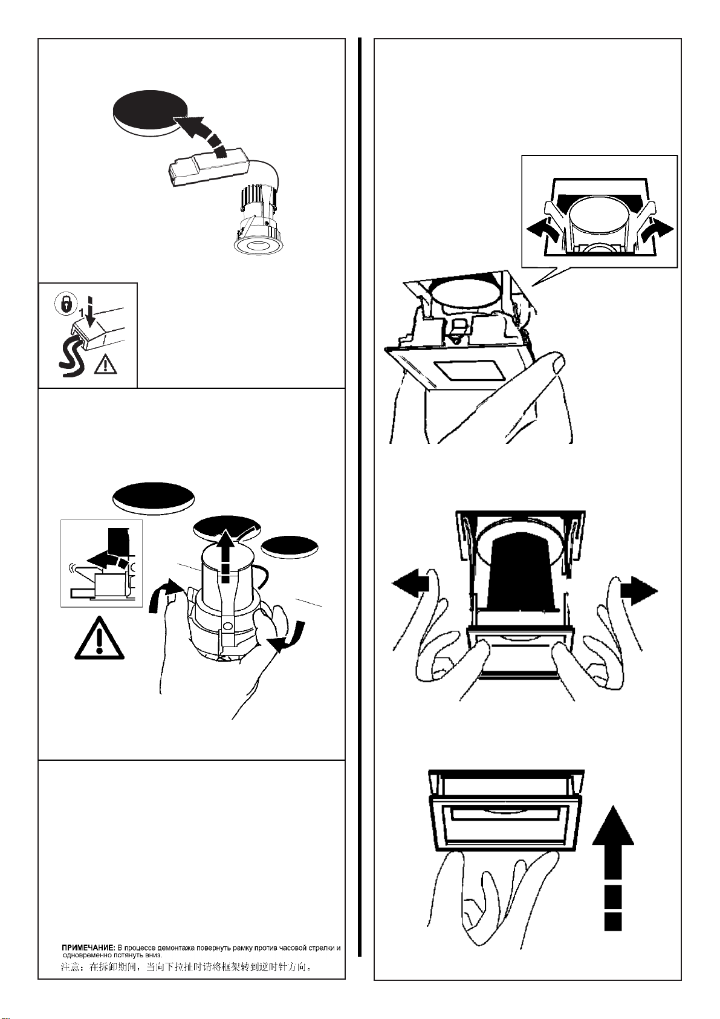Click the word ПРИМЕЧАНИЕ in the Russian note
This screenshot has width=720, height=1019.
89,948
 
